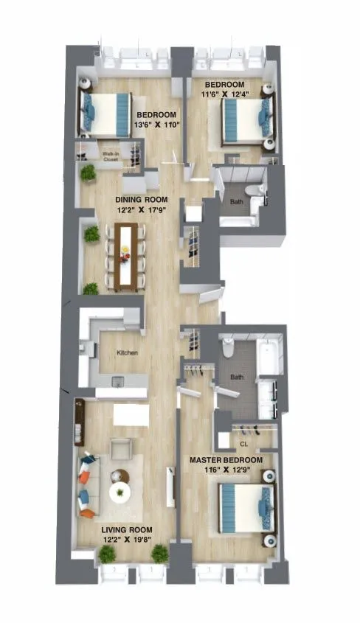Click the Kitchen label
coord(128,353)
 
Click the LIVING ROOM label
coord(127,529)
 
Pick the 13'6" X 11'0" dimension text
coord(156,125)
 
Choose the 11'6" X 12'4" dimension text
coord(231,94)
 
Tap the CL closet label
coord(243,444)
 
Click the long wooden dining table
coord(128,257)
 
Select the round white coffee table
coord(120,492)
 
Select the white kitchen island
coord(131,415)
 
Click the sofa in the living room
coord(88,487)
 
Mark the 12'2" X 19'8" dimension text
coord(127,540)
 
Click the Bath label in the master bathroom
coord(237,377)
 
